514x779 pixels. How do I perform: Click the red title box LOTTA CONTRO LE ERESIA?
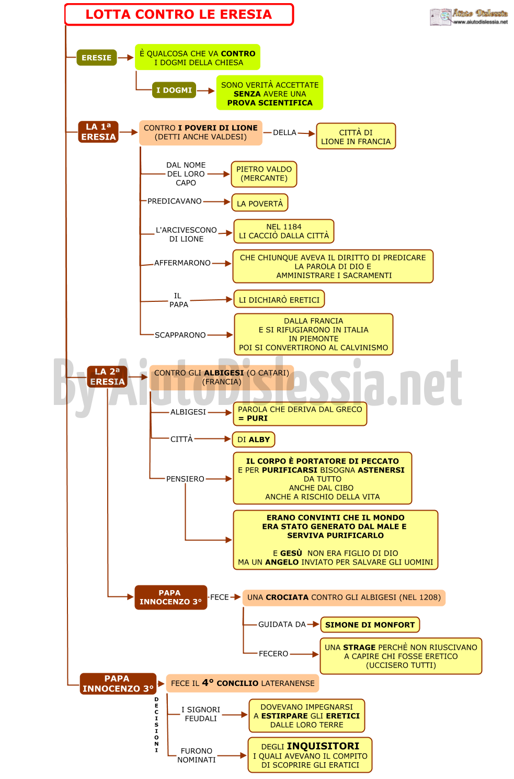pyautogui.click(x=179, y=14)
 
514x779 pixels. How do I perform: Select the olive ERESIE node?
pyautogui.click(x=97, y=58)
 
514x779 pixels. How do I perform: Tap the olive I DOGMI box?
pyautogui.click(x=174, y=90)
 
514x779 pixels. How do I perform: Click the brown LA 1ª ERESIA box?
pyautogui.click(x=98, y=132)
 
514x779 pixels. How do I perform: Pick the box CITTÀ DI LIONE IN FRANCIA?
pyautogui.click(x=356, y=137)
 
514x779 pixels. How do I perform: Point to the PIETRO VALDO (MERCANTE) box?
pyautogui.click(x=264, y=174)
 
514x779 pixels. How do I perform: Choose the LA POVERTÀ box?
pyautogui.click(x=260, y=203)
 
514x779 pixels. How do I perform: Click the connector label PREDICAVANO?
pyautogui.click(x=175, y=201)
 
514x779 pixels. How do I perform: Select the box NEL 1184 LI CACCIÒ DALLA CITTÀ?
pyautogui.click(x=284, y=231)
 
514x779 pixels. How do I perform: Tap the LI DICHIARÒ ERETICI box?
pyautogui.click(x=279, y=299)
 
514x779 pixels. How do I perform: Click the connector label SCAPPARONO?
pyautogui.click(x=180, y=335)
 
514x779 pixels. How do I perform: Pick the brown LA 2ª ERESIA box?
pyautogui.click(x=107, y=377)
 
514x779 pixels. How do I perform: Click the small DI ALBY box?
pyautogui.click(x=254, y=439)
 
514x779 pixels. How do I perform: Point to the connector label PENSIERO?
pyautogui.click(x=185, y=479)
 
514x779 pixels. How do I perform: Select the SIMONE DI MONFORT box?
pyautogui.click(x=370, y=625)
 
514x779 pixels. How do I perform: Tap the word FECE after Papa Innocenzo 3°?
pyautogui.click(x=219, y=597)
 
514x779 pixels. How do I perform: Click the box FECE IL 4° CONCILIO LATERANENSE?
pyautogui.click(x=243, y=683)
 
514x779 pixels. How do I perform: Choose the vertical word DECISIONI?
pyautogui.click(x=156, y=725)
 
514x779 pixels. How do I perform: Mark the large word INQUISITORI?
pyautogui.click(x=323, y=747)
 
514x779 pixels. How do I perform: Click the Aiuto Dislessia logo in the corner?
pyautogui.click(x=469, y=17)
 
